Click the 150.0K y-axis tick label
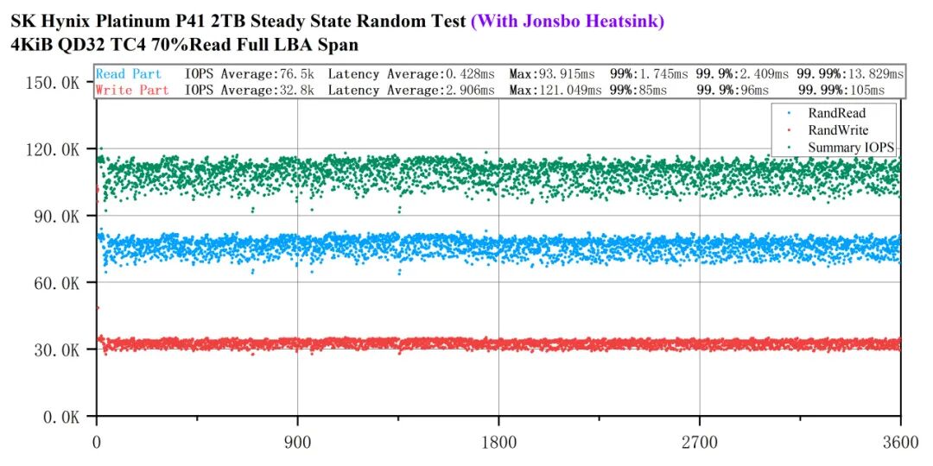(x=53, y=82)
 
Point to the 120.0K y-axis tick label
(x=53, y=149)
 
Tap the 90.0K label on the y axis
(x=57, y=216)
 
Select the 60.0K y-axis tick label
(x=57, y=283)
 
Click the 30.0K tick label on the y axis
(x=57, y=350)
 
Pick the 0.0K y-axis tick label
(x=60, y=418)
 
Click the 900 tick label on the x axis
(x=297, y=443)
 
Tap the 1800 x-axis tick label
(x=498, y=443)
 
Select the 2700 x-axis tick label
(x=699, y=443)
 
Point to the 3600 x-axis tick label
(x=901, y=443)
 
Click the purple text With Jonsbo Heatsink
(x=567, y=22)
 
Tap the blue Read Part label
(x=129, y=74)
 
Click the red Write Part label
(x=132, y=91)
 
